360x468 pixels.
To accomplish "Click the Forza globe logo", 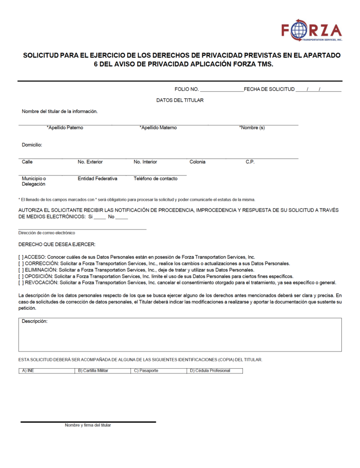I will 299,30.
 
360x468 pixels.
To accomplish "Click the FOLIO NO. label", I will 187,89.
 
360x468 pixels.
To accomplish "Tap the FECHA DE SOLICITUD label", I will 269,89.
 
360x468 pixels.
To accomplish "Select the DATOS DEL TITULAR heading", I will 180,100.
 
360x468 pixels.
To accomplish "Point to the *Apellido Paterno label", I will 65,128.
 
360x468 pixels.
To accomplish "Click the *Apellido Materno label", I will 158,128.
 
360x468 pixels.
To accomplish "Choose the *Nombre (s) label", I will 252,128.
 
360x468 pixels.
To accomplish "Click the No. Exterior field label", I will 90,162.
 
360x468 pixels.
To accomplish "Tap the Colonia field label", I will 197,162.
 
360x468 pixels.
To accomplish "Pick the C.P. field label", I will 250,162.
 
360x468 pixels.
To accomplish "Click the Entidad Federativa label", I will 97,179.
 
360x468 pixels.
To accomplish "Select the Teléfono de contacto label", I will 156,179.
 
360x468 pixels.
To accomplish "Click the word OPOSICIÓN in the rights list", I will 38,276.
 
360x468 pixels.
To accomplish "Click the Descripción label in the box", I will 35,322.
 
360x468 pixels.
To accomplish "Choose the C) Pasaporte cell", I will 146,371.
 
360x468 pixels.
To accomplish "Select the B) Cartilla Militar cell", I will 93,371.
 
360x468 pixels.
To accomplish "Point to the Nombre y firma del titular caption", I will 88,425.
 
